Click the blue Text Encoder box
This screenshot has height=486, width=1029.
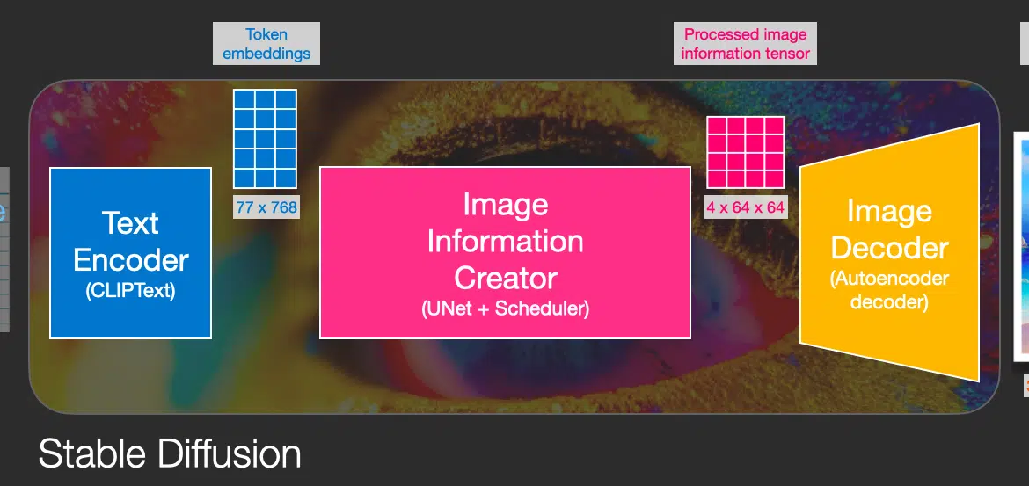point(130,253)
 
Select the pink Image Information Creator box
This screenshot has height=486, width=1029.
point(506,252)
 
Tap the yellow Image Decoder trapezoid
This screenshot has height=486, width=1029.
point(889,252)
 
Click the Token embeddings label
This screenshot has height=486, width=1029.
point(266,43)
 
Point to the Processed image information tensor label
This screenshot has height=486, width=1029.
point(746,43)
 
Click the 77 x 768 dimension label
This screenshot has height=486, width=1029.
point(266,208)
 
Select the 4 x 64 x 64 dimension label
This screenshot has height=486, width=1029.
point(746,207)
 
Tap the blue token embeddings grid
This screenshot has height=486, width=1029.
point(265,139)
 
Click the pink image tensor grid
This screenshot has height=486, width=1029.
point(746,152)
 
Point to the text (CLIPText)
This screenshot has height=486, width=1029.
point(130,291)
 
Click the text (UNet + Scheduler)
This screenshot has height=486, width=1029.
point(506,308)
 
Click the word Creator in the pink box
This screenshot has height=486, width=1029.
point(506,278)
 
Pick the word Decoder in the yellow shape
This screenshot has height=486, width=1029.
point(890,248)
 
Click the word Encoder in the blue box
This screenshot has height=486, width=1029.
point(130,260)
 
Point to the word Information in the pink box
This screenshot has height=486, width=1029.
point(506,241)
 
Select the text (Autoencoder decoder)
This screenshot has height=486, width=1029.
point(890,290)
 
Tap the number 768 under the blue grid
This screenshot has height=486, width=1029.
point(283,208)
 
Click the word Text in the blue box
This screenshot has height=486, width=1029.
point(130,223)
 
